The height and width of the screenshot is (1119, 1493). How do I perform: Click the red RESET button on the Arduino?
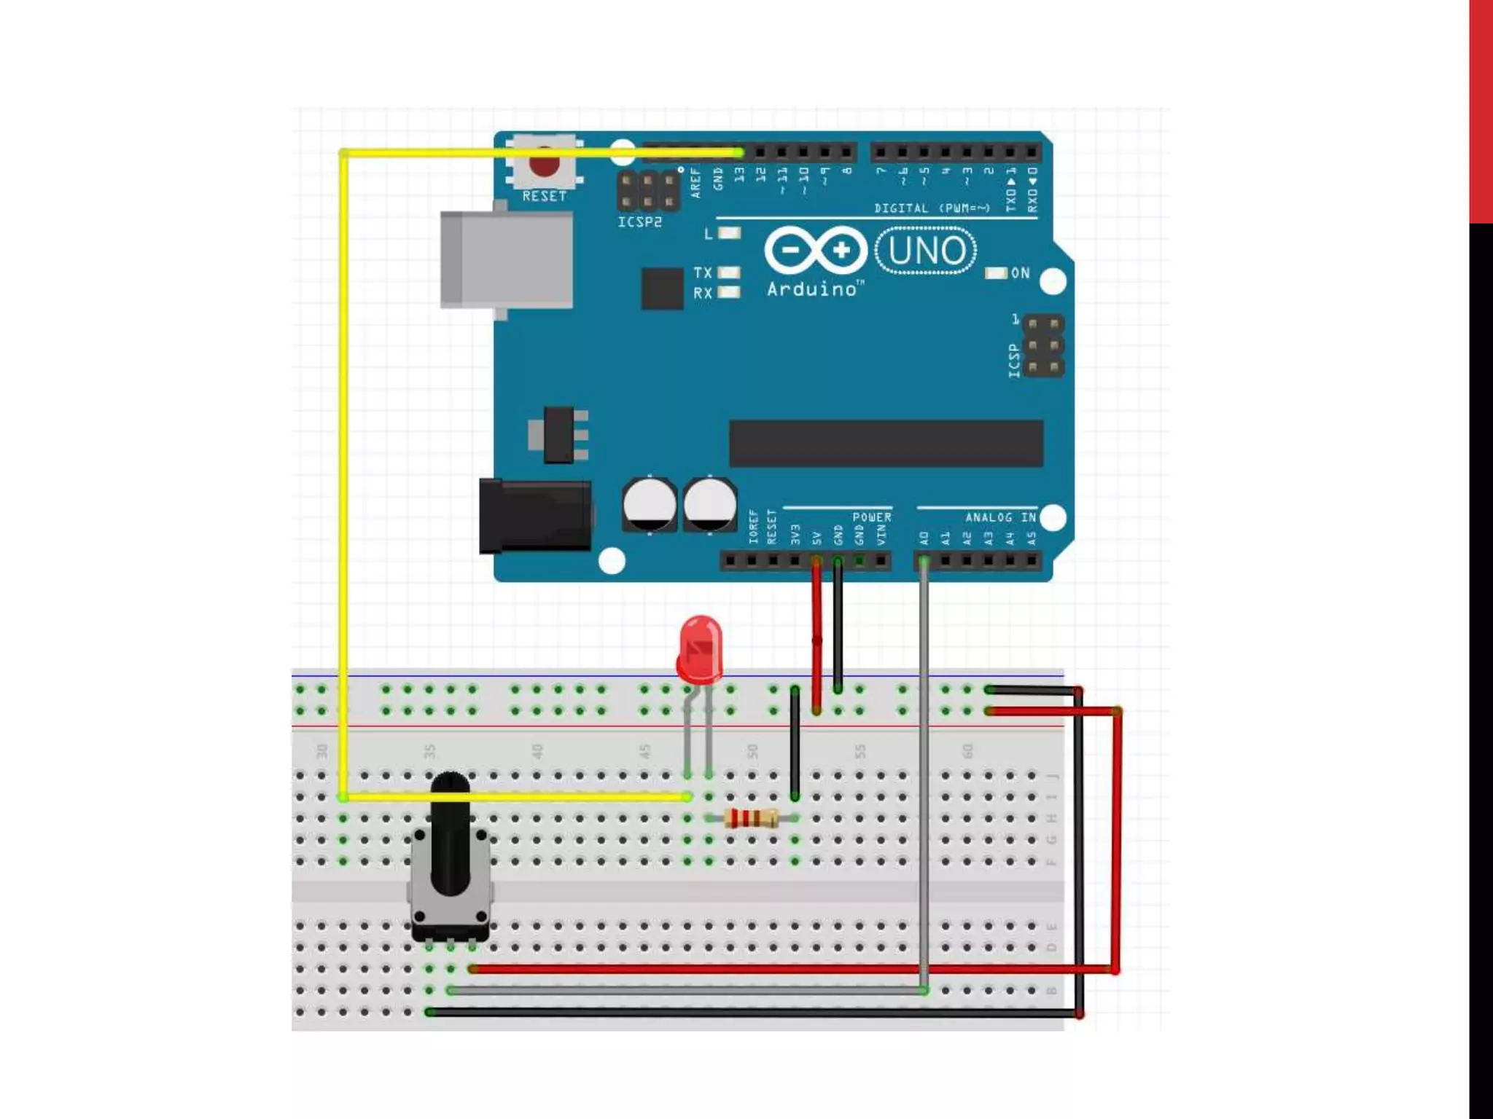pyautogui.click(x=544, y=165)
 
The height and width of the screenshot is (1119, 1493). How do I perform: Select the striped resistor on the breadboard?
pyautogui.click(x=752, y=819)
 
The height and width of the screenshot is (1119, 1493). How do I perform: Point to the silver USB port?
pyautogui.click(x=506, y=260)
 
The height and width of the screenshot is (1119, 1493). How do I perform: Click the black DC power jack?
pyautogui.click(x=534, y=515)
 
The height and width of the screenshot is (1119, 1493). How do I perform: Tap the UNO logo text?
pyautogui.click(x=927, y=251)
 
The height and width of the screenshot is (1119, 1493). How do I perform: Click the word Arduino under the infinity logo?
pyautogui.click(x=812, y=289)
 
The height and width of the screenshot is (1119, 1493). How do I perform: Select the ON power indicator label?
pyautogui.click(x=1020, y=273)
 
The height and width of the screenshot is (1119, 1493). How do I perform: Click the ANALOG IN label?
pyautogui.click(x=1000, y=517)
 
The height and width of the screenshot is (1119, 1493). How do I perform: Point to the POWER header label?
pyautogui.click(x=871, y=517)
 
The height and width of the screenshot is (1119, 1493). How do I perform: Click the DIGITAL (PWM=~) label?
pyautogui.click(x=932, y=208)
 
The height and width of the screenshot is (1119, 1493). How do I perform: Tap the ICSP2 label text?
pyautogui.click(x=639, y=222)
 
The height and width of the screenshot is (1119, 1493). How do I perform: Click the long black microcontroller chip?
pyautogui.click(x=886, y=443)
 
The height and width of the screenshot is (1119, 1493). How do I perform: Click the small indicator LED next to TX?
pyautogui.click(x=729, y=272)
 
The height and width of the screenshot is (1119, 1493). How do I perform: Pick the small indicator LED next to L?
pyautogui.click(x=729, y=233)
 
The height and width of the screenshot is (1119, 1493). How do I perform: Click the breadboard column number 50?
pyautogui.click(x=752, y=751)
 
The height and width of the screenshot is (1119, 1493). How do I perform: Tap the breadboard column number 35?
pyautogui.click(x=429, y=751)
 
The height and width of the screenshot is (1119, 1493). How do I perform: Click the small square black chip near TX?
pyautogui.click(x=662, y=288)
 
